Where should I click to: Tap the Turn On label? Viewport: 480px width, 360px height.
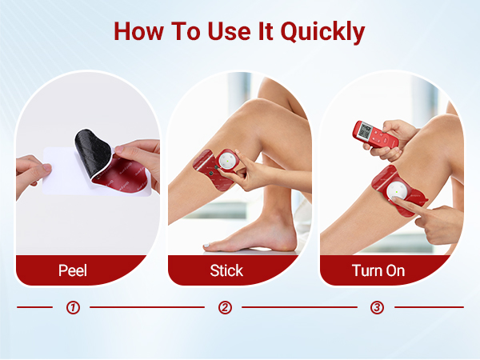point(378,270)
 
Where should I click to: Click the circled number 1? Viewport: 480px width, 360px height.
point(73,307)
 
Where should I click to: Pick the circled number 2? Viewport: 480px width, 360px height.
point(225,307)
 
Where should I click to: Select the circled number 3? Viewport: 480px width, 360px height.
point(376,307)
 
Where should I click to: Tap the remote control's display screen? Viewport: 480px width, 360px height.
point(366,130)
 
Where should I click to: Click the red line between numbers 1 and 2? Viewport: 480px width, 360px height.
point(148,307)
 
